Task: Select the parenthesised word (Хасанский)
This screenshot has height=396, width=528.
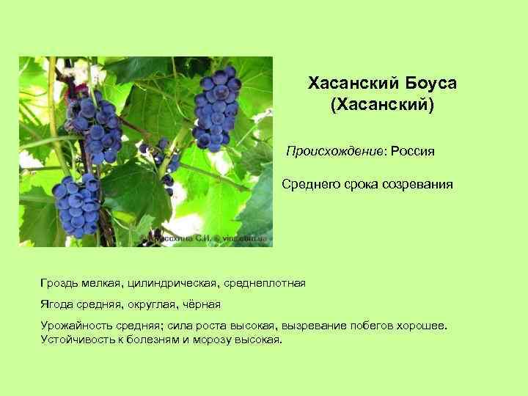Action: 382,106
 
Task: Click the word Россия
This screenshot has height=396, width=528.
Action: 413,152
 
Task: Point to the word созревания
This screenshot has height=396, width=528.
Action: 417,185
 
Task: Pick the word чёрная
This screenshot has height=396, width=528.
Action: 199,304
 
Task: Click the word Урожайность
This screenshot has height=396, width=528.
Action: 75,326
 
